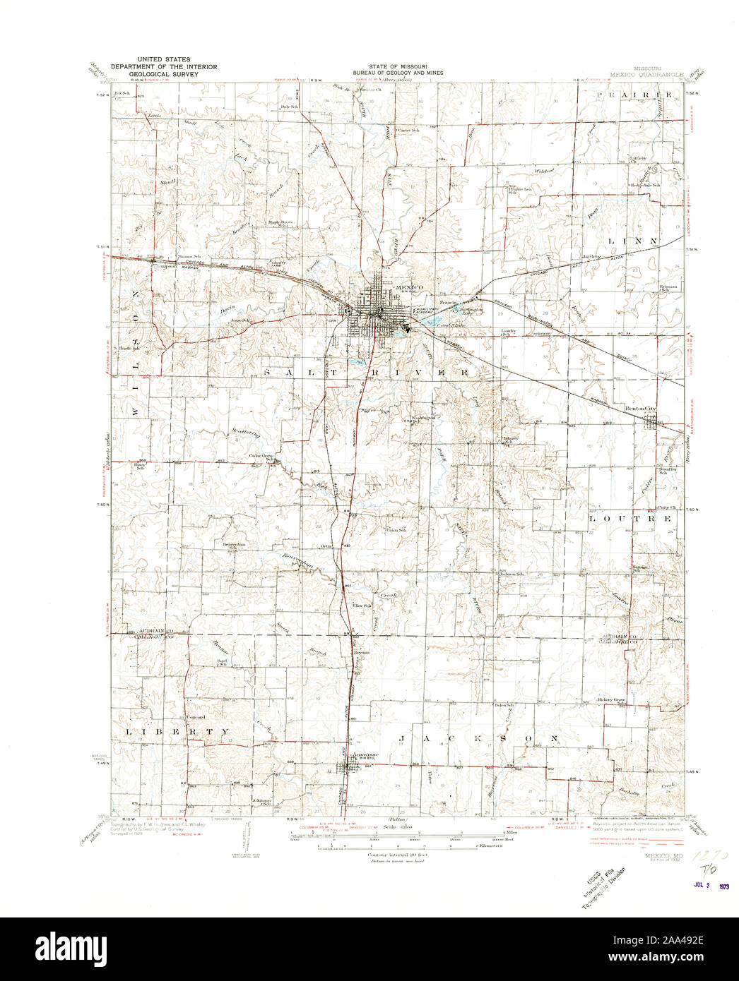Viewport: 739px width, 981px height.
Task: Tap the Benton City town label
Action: click(x=641, y=409)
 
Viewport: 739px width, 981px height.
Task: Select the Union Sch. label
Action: click(x=396, y=530)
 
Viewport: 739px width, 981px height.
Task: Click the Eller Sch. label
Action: click(x=362, y=606)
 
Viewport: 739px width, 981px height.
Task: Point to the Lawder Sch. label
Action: click(x=509, y=332)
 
